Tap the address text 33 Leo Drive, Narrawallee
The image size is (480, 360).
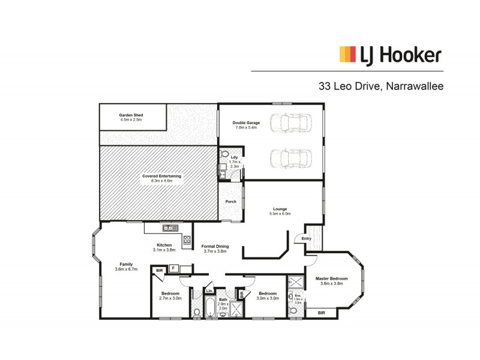tap(381, 86)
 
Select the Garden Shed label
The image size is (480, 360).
tap(131, 114)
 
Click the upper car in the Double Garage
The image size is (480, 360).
tap(291, 124)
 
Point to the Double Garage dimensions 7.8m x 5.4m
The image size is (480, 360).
tap(246, 128)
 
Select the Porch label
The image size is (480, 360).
tap(231, 202)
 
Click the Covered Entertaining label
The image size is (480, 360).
tap(161, 176)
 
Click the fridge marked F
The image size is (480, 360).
tap(173, 268)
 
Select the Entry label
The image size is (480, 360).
tap(307, 239)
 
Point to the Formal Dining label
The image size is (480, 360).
tap(214, 246)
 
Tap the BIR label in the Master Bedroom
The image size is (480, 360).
tap(321, 313)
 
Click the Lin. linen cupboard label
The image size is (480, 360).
tap(209, 291)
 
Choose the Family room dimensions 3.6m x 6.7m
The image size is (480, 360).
tap(126, 269)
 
